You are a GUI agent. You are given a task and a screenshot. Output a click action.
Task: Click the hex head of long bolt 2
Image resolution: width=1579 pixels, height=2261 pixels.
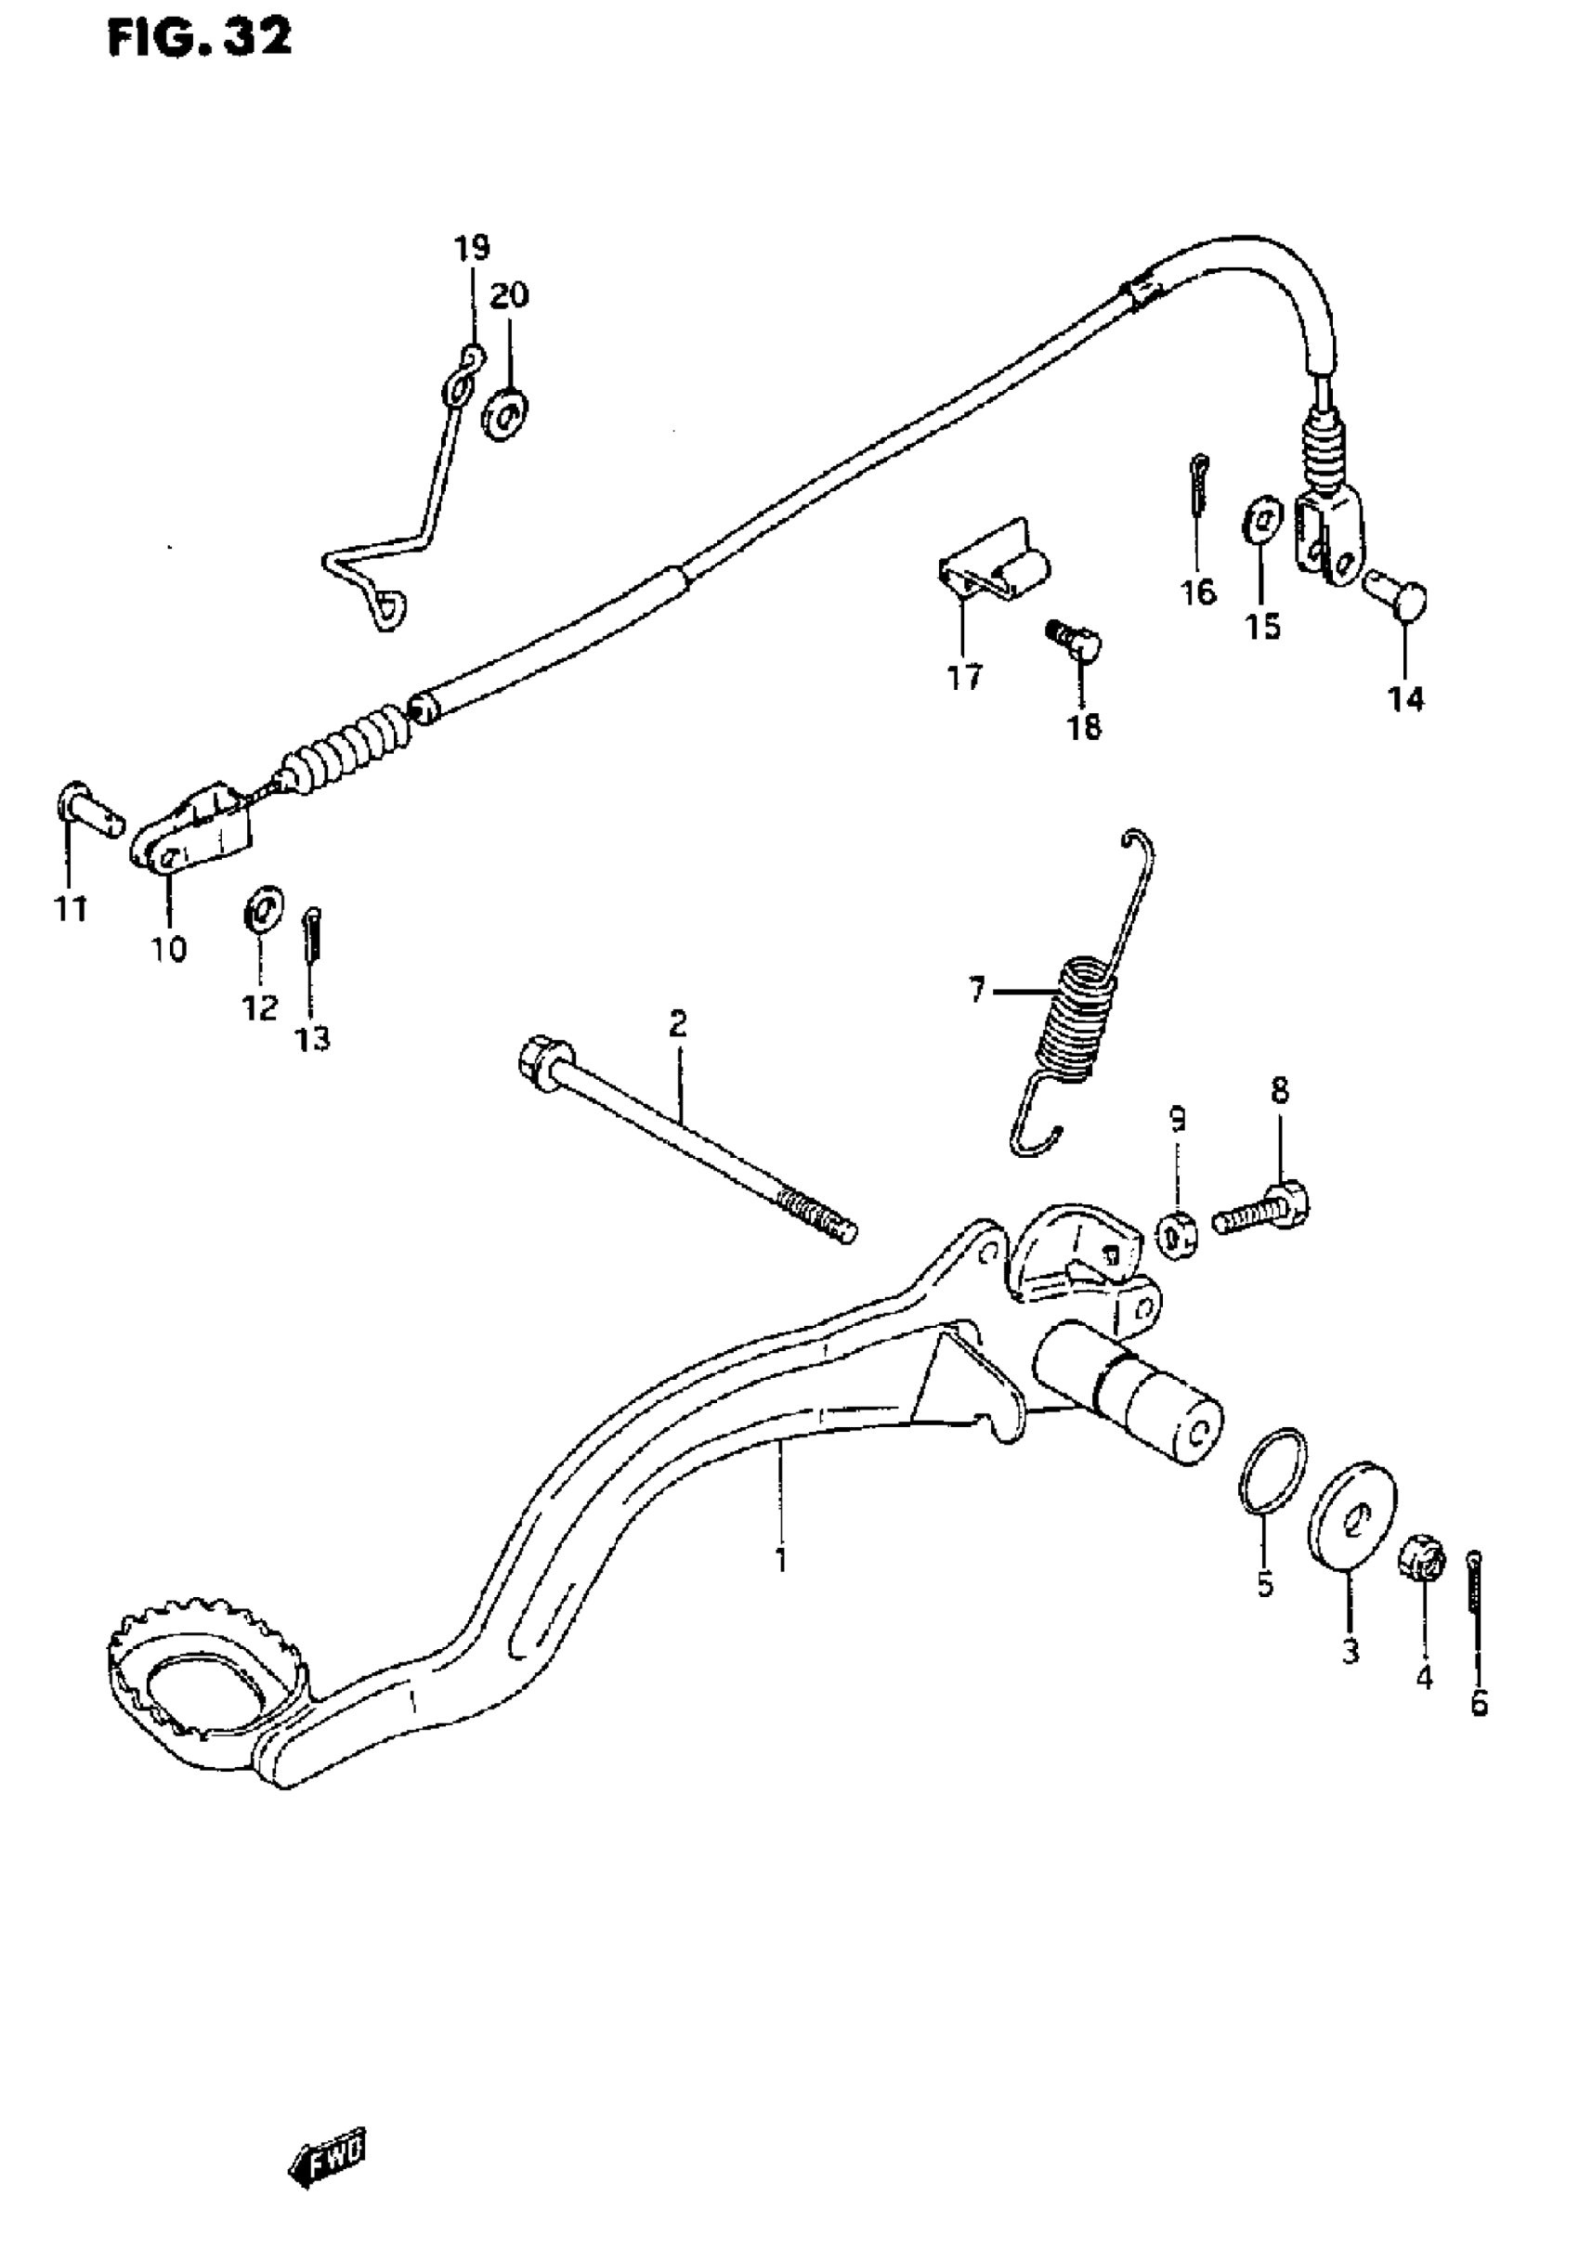coord(538,1061)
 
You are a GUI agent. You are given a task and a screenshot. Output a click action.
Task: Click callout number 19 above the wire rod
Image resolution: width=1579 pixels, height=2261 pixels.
coord(472,247)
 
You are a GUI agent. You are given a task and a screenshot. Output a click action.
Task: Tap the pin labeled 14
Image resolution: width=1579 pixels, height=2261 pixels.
coord(1399,597)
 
